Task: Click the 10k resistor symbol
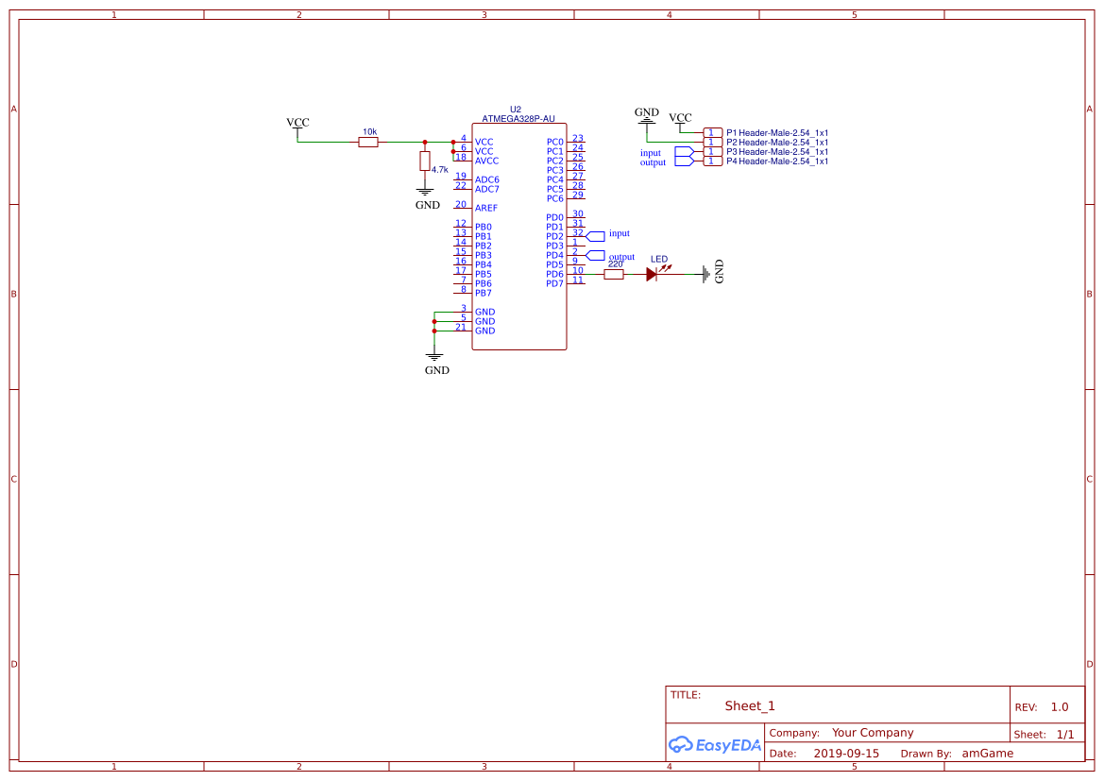[x=368, y=142]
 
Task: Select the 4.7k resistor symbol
[x=425, y=161]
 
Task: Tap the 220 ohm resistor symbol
[x=614, y=274]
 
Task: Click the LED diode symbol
[x=652, y=274]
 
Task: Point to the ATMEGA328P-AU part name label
[x=518, y=119]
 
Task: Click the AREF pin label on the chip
[x=486, y=208]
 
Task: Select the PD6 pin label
[x=554, y=274]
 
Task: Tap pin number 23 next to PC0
[x=578, y=138]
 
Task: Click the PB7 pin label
[x=483, y=293]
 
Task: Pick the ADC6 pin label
[x=486, y=179]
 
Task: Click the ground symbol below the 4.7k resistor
[x=426, y=194]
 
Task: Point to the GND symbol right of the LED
[x=708, y=273]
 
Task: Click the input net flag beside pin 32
[x=596, y=234]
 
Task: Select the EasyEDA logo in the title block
[x=714, y=744]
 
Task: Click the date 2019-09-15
[x=846, y=754]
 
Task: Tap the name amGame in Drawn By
[x=987, y=754]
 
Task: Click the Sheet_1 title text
[x=750, y=705]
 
